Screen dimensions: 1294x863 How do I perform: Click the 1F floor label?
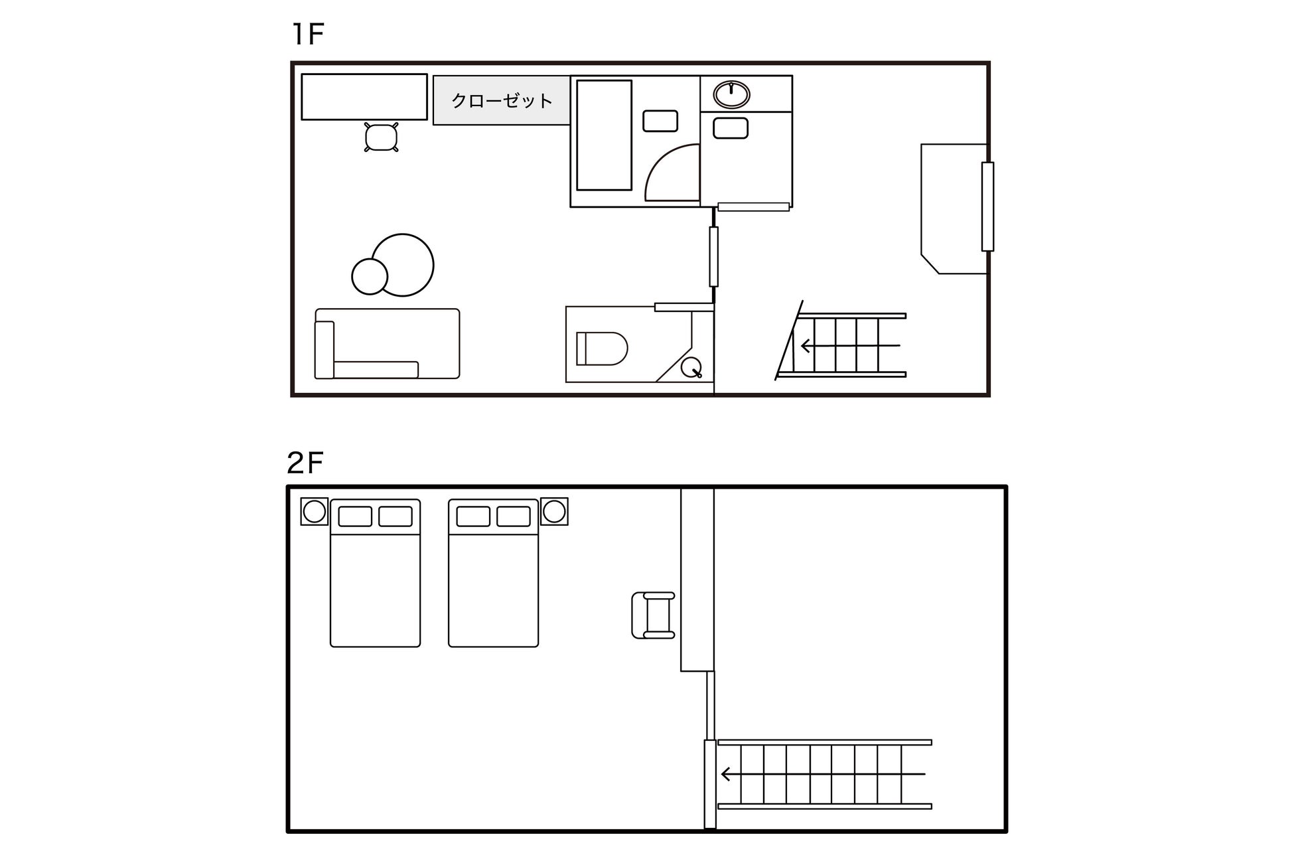(308, 34)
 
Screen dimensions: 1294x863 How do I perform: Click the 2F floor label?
(305, 463)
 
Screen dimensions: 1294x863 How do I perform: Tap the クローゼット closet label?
(502, 101)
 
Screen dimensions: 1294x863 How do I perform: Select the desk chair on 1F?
(382, 137)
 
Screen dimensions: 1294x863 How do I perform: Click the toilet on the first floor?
(602, 349)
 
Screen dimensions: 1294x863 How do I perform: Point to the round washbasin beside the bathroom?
(731, 94)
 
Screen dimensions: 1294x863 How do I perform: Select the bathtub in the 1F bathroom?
(604, 135)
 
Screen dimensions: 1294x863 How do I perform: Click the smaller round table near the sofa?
(370, 276)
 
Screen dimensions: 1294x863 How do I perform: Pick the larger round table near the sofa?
(403, 265)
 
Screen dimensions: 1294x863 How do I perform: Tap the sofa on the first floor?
(387, 344)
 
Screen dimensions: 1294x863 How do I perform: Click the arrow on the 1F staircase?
(850, 346)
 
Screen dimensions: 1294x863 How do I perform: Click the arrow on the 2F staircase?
(823, 774)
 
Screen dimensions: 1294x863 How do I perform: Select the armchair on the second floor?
(654, 615)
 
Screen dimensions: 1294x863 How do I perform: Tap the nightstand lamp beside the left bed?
(314, 511)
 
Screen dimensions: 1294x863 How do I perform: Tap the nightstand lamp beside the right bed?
(554, 511)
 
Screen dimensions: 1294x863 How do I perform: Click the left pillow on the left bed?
(355, 516)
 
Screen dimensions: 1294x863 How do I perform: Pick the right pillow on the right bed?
(514, 516)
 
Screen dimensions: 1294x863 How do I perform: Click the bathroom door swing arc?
(660, 159)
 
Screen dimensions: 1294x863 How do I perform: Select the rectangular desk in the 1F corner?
(364, 97)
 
